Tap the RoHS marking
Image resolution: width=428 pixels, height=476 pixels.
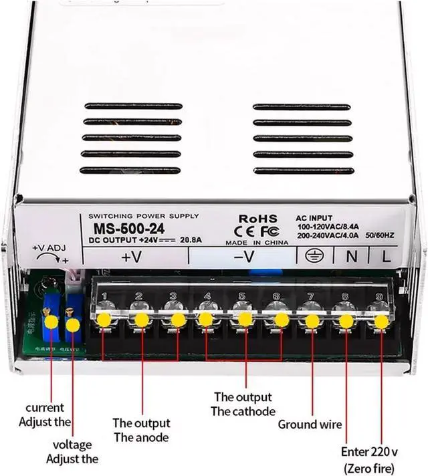[257, 218]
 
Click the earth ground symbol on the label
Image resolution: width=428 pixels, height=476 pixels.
[312, 255]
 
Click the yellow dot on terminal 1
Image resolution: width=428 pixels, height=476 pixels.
[104, 319]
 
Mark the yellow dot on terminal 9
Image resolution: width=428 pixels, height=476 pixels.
[381, 321]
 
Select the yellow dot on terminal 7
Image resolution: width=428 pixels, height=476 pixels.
[312, 321]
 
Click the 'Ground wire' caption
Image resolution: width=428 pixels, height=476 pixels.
[310, 424]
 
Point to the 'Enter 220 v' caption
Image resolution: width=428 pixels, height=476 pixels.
[370, 451]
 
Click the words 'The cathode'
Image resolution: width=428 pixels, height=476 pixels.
[243, 411]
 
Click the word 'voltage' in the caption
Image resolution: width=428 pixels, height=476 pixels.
[72, 445]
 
